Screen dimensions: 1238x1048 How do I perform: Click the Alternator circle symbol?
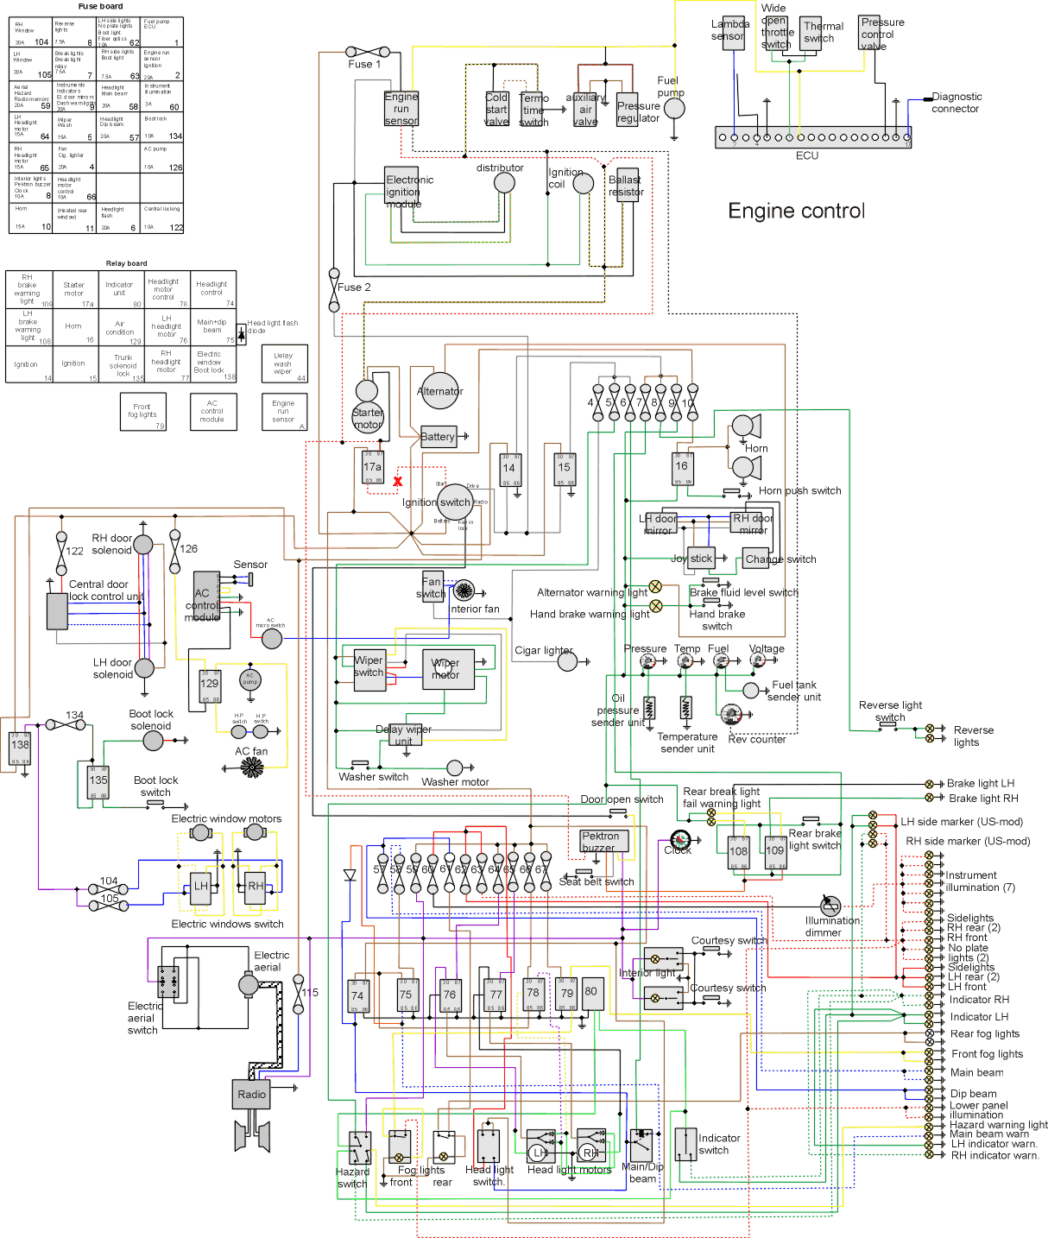click(440, 390)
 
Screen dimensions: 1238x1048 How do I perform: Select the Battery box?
click(438, 437)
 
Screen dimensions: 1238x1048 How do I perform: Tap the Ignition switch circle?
click(455, 502)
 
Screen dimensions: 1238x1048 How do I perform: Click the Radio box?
click(251, 1094)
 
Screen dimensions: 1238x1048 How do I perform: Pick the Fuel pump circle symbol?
click(674, 108)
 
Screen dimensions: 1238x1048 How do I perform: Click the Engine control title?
click(796, 212)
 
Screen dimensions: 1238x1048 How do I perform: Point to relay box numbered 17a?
click(373, 467)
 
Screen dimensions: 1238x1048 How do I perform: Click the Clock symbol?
click(680, 839)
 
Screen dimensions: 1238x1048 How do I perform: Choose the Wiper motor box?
click(448, 669)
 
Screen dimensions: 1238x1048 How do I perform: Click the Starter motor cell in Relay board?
click(73, 289)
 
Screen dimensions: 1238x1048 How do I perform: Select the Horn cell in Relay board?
click(73, 326)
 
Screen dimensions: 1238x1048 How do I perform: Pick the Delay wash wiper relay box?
click(284, 363)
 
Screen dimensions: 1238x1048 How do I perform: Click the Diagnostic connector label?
click(956, 103)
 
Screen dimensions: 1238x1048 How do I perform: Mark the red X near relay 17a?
click(398, 482)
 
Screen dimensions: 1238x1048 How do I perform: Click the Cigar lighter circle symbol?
click(567, 661)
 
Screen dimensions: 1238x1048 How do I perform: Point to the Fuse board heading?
click(100, 6)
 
